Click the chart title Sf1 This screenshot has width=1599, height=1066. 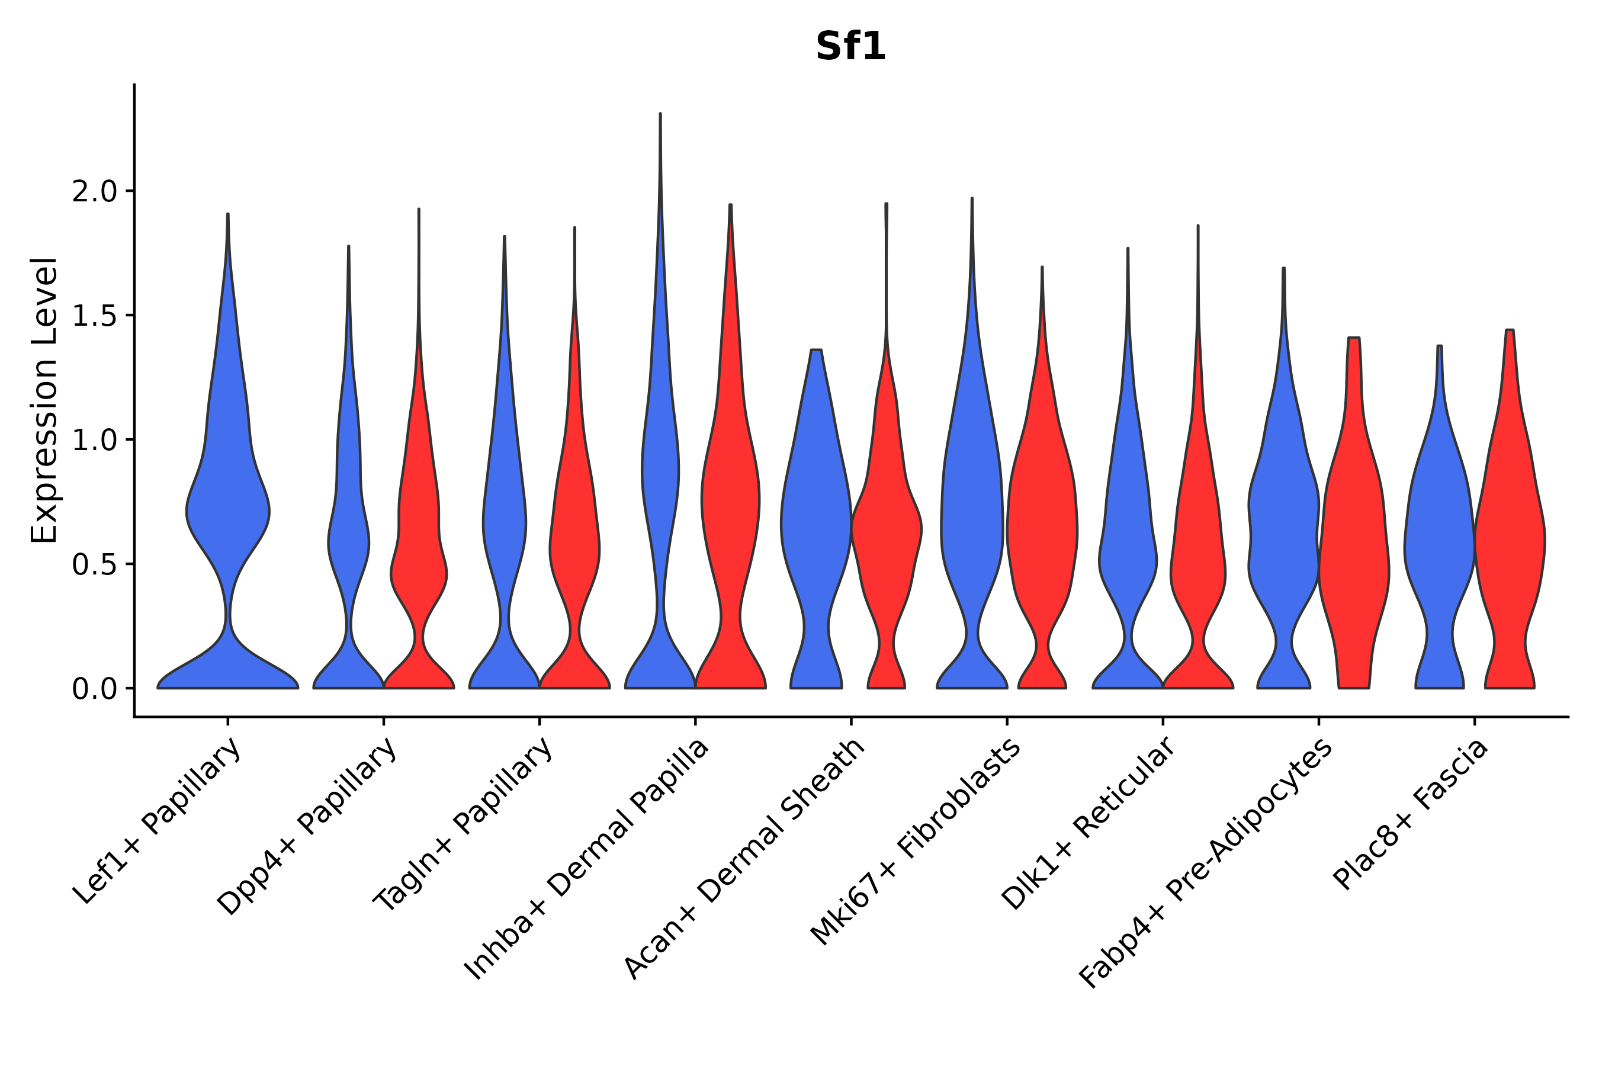tap(850, 47)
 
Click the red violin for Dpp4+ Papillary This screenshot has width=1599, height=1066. tap(419, 544)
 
